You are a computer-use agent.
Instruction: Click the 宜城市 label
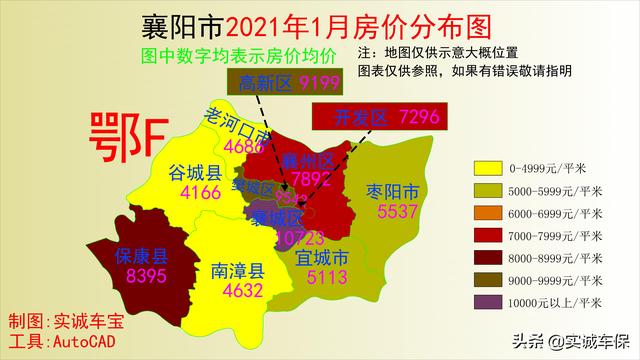pos(322,257)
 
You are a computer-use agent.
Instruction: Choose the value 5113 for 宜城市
pos(322,276)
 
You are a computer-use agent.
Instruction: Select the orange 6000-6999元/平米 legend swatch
pos(491,213)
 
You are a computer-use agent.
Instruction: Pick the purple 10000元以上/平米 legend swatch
pos(491,301)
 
